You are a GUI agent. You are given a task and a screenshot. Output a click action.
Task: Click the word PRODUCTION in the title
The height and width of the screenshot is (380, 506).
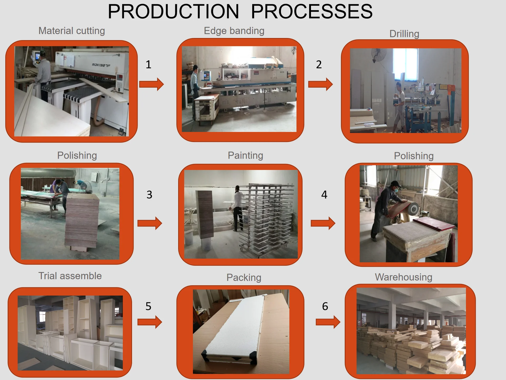coord(173,12)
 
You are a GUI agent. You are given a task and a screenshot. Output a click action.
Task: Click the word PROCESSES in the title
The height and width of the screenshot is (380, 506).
coord(312,12)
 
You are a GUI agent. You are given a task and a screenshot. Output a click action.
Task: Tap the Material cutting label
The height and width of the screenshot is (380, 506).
coord(72,31)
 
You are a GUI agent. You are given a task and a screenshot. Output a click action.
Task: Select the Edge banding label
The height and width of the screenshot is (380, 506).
coord(234,31)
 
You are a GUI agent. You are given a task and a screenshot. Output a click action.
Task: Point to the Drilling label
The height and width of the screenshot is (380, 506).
coord(404,34)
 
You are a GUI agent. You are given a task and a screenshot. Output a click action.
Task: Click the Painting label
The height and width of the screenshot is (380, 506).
coord(245,155)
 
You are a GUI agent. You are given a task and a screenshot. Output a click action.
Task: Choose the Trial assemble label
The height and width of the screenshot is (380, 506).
coord(70,276)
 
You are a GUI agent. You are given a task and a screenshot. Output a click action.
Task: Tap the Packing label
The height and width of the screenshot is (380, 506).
coord(244,277)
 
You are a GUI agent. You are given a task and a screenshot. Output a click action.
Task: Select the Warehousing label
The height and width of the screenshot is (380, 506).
coord(403,277)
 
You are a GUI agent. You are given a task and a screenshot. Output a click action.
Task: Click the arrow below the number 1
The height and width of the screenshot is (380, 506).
coord(152,84)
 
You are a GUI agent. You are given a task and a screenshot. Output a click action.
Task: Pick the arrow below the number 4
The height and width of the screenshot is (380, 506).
coord(323,223)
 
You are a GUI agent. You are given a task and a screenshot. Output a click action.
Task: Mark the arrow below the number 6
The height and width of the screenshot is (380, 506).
coord(328,322)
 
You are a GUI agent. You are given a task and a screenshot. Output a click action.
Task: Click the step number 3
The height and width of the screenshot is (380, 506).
coord(149,195)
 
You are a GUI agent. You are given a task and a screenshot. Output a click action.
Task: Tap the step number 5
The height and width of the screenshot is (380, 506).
coord(148,306)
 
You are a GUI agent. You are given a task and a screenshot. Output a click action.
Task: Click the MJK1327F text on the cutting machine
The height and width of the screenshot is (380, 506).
coord(101,65)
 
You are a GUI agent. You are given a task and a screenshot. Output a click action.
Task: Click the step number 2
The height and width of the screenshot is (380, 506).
coord(319,65)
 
